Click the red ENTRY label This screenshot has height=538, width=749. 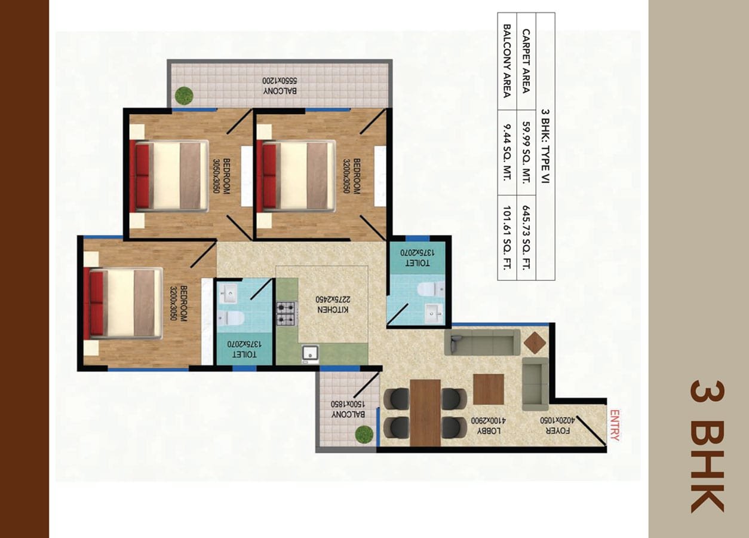tap(615, 425)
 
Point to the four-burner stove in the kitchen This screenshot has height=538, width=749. tap(287, 313)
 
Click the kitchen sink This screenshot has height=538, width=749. tap(311, 354)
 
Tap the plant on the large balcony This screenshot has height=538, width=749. tap(184, 96)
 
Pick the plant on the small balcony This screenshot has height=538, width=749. tap(364, 434)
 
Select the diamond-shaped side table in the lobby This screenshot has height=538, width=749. tap(535, 343)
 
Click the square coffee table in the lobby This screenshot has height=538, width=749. tap(489, 389)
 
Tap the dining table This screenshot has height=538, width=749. tap(425, 412)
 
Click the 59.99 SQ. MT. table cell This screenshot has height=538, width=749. tap(526, 152)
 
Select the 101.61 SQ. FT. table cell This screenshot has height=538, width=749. tap(507, 237)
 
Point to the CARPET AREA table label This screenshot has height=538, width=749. tap(526, 61)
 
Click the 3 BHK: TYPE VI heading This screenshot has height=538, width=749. tap(545, 146)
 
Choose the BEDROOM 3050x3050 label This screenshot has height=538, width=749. tap(222, 176)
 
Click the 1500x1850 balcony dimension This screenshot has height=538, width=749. tap(348, 403)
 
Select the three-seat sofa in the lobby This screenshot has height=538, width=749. tap(482, 343)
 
